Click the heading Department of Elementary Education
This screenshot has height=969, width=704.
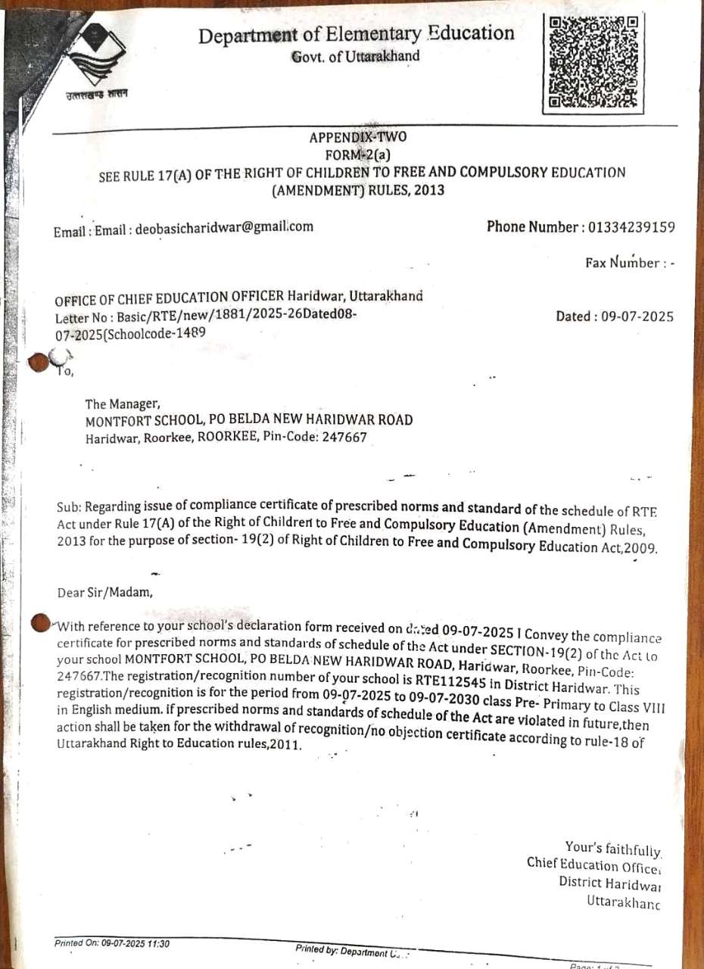coord(357,34)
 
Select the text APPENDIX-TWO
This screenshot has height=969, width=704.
coord(358,137)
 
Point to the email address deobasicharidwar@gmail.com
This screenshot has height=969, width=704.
coord(224,227)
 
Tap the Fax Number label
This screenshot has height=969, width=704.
coord(621,263)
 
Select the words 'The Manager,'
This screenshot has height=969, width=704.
coord(123,404)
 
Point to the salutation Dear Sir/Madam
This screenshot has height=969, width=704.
coord(105,593)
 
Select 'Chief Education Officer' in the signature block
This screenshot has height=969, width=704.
coord(594,865)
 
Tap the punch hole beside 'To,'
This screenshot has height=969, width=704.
coord(39,362)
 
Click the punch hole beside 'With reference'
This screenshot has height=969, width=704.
coord(39,622)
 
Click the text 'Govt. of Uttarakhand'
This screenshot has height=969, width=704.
coord(356,57)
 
